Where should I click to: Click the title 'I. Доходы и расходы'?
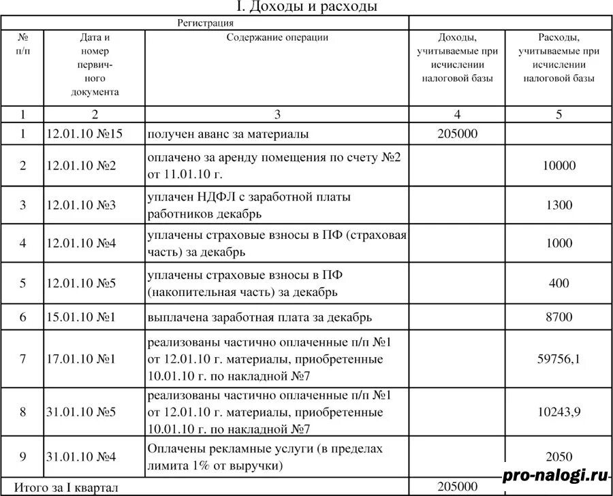(306, 7)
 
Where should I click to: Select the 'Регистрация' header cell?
(206, 23)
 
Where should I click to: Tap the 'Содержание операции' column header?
(277, 37)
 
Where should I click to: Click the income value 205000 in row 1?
(457, 133)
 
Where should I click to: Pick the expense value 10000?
(559, 165)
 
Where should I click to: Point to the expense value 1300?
(559, 205)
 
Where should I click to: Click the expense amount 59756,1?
(559, 359)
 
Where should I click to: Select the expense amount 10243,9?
(559, 412)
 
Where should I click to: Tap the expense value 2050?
(559, 457)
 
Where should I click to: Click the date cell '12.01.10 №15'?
(84, 133)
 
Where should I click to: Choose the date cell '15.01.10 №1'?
(81, 317)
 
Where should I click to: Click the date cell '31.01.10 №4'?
(81, 457)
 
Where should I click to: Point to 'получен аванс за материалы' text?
(228, 133)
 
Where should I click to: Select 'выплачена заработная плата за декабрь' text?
(260, 317)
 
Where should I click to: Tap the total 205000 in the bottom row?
(457, 486)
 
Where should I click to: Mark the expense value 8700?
(559, 317)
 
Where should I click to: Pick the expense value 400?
(559, 283)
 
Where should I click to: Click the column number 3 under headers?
(277, 114)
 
